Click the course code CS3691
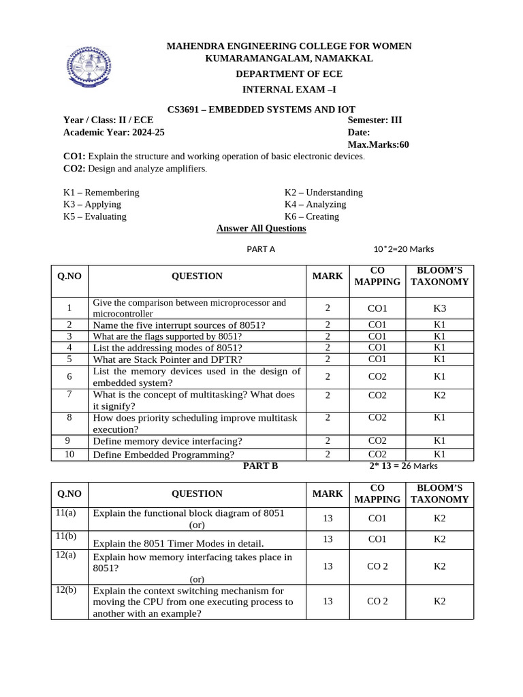click(x=187, y=109)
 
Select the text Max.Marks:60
click(x=378, y=144)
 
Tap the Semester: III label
click(x=375, y=120)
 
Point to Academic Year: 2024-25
click(x=114, y=133)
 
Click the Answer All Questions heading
click(x=261, y=229)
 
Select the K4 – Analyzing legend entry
click(x=315, y=204)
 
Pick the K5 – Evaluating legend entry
click(x=95, y=216)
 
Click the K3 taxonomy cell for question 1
click(x=440, y=308)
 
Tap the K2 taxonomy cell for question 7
click(x=440, y=395)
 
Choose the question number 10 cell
click(x=69, y=454)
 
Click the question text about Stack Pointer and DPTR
click(x=168, y=359)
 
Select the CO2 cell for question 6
click(x=377, y=376)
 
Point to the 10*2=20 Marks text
click(x=403, y=249)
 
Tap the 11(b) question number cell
click(x=67, y=536)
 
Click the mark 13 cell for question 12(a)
click(x=328, y=566)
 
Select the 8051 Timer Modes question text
click(x=178, y=543)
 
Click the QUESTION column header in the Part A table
click(x=197, y=276)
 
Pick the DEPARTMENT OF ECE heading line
click(x=289, y=74)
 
